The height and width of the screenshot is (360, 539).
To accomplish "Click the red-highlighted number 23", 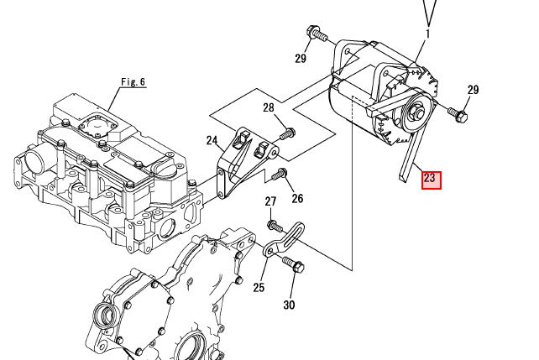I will point(430,178).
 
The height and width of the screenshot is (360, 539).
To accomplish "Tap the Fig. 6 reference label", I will point(133,82).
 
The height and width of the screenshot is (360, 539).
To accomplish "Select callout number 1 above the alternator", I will point(427,34).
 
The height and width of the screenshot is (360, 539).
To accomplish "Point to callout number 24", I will point(212,141).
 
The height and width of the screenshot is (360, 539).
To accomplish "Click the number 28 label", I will point(269,107).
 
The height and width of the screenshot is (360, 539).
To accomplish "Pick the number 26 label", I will point(297,199).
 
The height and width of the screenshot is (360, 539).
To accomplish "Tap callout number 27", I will point(270,201).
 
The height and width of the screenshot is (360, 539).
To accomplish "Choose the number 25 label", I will point(259,288).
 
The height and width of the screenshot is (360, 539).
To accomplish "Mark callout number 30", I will point(289,305).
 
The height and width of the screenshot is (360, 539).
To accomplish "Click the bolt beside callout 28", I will point(288,132).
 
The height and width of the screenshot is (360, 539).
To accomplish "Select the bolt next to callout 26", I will point(280,175).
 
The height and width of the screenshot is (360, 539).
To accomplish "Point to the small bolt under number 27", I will point(274,225).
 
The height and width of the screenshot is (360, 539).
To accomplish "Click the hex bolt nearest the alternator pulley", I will point(458,113).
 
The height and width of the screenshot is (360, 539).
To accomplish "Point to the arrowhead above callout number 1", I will point(431,13).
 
